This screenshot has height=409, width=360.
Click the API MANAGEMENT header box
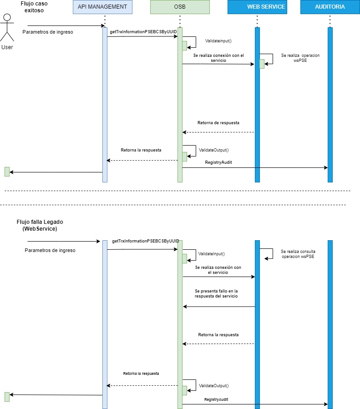point(102,7)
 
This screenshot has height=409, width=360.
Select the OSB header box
point(180,7)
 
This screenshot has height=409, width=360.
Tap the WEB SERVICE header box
point(257,7)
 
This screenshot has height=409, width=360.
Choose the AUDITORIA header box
point(330,7)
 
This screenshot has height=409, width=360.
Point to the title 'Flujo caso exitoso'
point(34,6)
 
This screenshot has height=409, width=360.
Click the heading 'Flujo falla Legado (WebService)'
point(40,225)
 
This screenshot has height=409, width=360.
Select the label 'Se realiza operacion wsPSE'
point(300,57)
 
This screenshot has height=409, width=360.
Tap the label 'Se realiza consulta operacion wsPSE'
point(298,253)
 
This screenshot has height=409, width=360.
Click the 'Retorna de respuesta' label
point(218,123)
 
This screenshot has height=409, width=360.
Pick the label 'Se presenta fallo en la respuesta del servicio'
point(216,293)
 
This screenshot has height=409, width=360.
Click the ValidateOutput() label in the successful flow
point(213,150)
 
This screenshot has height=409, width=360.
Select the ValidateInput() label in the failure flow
point(212,254)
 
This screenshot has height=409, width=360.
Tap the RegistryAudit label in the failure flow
point(216,399)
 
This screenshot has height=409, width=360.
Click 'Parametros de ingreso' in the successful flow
point(48,32)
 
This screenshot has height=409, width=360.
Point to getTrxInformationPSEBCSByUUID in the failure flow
point(145,241)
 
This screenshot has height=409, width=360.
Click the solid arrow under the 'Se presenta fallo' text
point(218,306)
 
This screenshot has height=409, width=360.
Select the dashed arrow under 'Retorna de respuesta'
point(218,132)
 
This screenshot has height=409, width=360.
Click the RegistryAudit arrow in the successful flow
point(255,167)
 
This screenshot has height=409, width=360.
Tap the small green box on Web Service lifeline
point(262,64)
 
